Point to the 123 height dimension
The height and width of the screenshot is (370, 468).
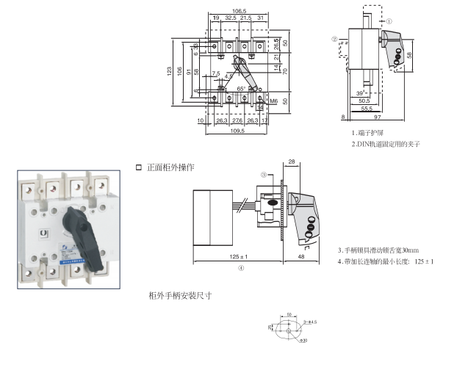tap(170, 71)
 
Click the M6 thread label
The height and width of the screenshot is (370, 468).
tap(273, 100)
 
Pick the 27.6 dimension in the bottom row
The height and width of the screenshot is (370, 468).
tap(237, 120)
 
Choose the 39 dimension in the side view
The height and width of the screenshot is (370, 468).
tap(360, 93)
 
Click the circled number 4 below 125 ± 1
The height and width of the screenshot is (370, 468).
tap(241, 269)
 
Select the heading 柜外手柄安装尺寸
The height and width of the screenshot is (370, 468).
tap(180, 296)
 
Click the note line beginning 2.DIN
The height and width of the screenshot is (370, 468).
tap(386, 145)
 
